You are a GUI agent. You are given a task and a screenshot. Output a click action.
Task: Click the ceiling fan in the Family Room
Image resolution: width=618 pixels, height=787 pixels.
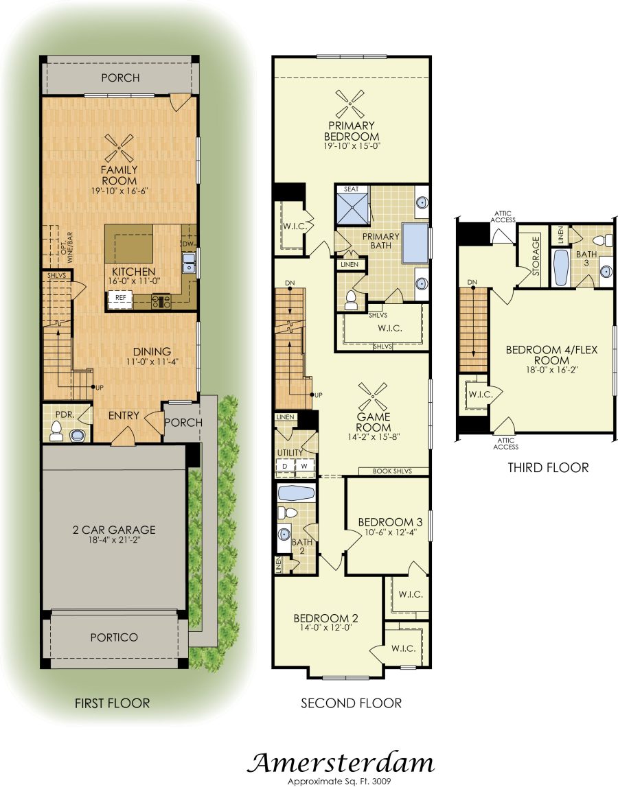(119, 148)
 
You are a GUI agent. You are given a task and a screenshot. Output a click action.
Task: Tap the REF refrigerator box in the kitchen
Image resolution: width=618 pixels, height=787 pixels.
(121, 298)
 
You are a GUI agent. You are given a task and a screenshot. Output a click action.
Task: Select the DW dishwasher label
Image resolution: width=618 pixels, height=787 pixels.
(188, 244)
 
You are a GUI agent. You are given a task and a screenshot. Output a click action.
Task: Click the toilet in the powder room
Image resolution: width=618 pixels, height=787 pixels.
(56, 431)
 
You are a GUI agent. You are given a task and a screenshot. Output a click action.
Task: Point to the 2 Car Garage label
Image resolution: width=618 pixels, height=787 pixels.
(114, 530)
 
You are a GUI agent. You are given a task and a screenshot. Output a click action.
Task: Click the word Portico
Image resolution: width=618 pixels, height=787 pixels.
(114, 637)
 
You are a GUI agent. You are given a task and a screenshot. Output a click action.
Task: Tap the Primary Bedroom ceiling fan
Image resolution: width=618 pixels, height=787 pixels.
(350, 104)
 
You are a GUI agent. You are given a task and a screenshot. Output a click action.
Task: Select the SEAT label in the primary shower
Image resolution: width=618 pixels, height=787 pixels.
(352, 189)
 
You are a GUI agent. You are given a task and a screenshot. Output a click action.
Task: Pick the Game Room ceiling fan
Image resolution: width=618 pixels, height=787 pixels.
(373, 397)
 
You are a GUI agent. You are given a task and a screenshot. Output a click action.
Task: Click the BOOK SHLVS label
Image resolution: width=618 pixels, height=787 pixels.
(392, 471)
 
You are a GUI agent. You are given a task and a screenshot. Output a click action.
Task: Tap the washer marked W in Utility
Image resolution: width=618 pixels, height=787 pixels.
(304, 467)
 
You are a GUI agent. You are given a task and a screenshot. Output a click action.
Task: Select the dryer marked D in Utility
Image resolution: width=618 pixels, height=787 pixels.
(285, 467)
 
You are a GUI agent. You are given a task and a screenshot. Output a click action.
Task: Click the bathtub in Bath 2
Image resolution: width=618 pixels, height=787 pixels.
(297, 493)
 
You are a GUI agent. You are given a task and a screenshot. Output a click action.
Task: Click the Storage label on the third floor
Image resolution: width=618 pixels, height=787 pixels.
(536, 255)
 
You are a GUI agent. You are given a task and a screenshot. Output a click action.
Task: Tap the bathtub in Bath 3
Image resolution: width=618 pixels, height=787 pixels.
(560, 268)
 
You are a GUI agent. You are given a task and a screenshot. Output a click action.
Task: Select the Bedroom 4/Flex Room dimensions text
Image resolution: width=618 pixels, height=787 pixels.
(551, 371)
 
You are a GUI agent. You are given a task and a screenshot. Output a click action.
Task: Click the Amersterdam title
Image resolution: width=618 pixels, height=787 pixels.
(340, 763)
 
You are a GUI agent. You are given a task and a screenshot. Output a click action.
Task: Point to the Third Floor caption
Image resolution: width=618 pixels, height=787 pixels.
(548, 468)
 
